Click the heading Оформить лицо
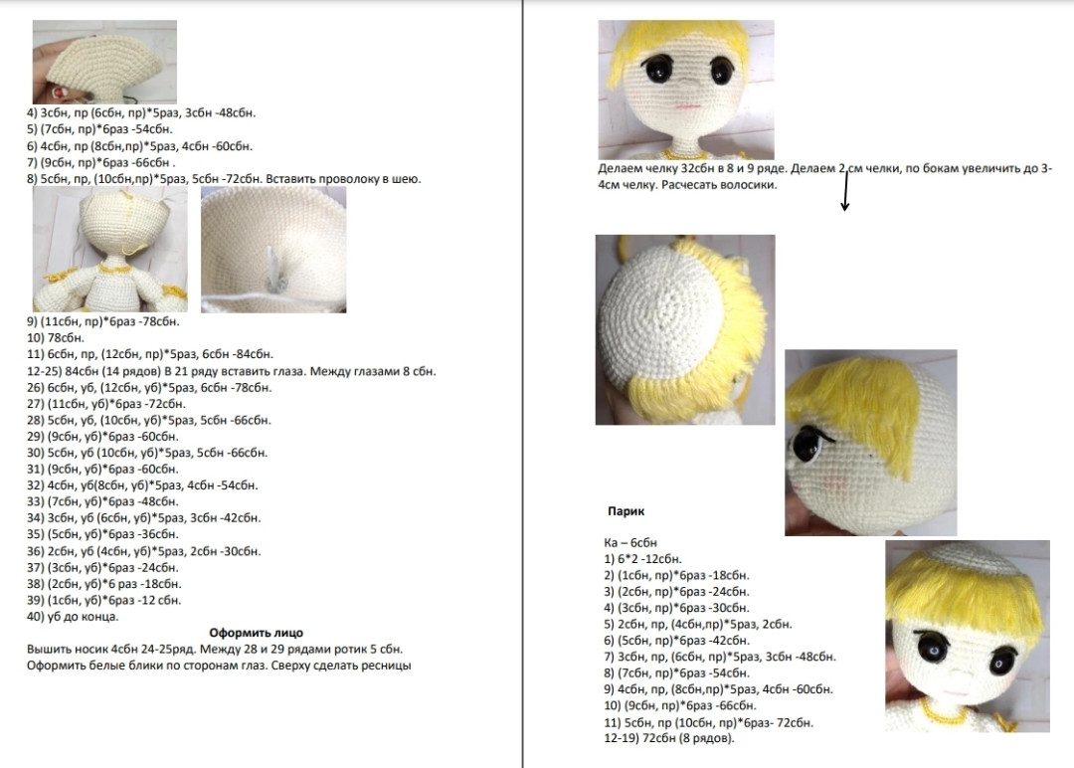[256, 633]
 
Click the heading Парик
[626, 511]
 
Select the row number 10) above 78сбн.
[36, 337]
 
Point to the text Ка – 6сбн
[629, 542]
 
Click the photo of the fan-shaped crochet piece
[103, 63]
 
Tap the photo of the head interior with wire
[273, 250]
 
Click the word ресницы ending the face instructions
[385, 666]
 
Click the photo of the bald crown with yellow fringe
[684, 329]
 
